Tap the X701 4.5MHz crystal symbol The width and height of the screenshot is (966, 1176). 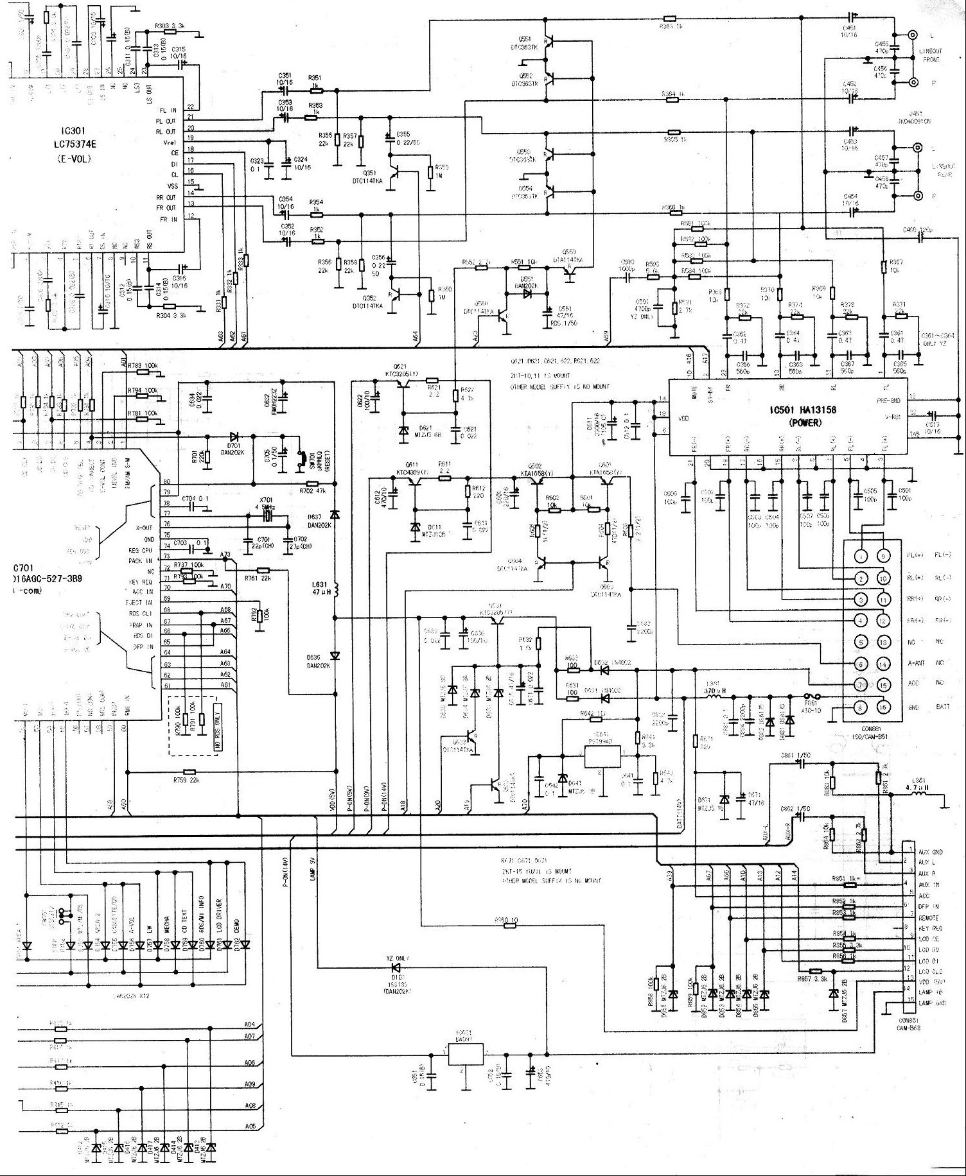tap(264, 515)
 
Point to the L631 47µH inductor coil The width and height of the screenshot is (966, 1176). tap(335, 589)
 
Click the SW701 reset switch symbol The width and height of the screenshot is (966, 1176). tap(299, 459)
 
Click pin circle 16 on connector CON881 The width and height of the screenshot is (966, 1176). tap(883, 707)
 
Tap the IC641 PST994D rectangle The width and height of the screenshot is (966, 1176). tap(604, 757)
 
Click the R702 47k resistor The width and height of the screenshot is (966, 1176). tap(311, 483)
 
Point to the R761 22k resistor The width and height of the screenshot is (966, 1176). tap(262, 570)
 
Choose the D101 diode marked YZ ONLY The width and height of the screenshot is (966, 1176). tap(396, 967)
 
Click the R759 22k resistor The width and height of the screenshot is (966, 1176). tap(189, 772)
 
